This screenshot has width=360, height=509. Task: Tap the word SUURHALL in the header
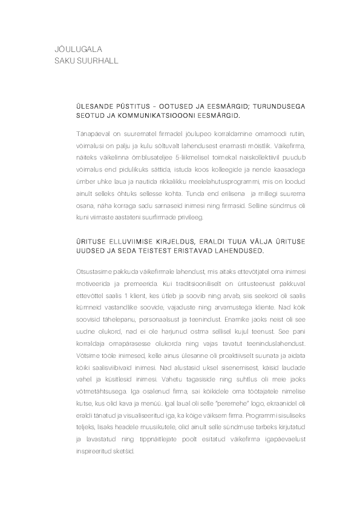tap(97, 60)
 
